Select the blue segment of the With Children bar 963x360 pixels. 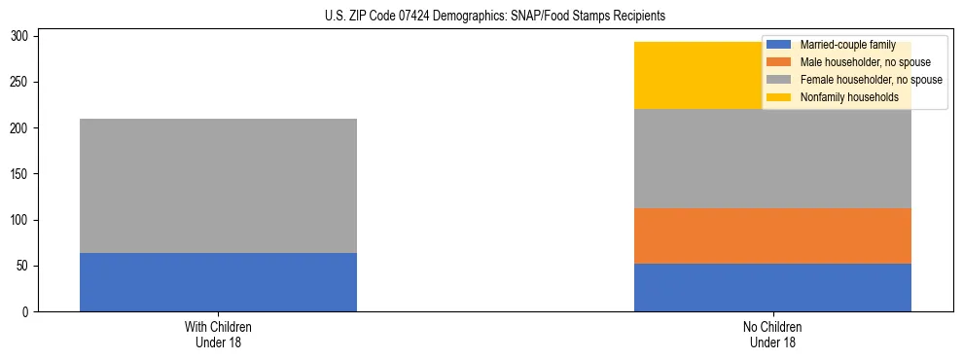click(x=218, y=282)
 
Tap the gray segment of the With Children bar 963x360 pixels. click(x=218, y=186)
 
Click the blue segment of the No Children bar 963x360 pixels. click(x=772, y=287)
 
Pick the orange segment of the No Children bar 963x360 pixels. click(x=772, y=235)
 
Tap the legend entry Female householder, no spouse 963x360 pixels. click(x=871, y=80)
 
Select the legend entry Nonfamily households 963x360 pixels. click(x=849, y=97)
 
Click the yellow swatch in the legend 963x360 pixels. click(x=779, y=97)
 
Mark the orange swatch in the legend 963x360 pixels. click(x=779, y=62)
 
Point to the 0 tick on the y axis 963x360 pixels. click(x=28, y=312)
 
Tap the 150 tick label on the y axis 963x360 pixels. click(x=22, y=174)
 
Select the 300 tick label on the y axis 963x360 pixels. click(x=22, y=36)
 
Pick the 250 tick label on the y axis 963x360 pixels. click(x=22, y=82)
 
